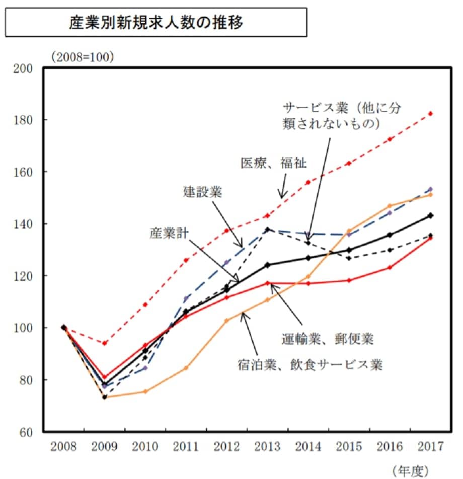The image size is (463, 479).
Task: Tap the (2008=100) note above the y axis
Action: click(x=82, y=56)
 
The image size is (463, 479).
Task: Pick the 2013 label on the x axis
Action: click(x=267, y=446)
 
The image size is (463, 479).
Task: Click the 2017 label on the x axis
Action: click(x=430, y=446)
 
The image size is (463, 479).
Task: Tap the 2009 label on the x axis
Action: click(x=104, y=446)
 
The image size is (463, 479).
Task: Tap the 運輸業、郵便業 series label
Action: click(x=327, y=339)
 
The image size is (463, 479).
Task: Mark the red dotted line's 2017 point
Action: click(x=430, y=113)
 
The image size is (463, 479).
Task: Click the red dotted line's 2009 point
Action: click(x=105, y=343)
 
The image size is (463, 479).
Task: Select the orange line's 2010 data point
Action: click(x=145, y=391)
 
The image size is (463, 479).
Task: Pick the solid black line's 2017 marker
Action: click(x=430, y=215)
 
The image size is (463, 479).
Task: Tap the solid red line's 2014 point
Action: click(x=308, y=283)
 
